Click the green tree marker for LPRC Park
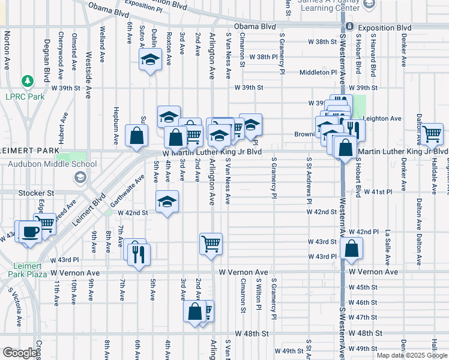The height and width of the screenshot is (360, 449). [27, 80]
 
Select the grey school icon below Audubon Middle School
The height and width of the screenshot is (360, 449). [79, 176]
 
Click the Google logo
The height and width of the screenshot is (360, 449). [20, 353]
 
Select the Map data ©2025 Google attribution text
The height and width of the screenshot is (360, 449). [412, 355]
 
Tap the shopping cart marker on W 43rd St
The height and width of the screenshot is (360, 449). [211, 244]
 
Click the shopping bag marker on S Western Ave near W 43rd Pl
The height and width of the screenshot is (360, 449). [351, 248]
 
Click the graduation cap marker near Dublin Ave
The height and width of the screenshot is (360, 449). [149, 60]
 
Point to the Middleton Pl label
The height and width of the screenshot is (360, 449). [318, 72]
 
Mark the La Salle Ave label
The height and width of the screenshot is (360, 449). [388, 245]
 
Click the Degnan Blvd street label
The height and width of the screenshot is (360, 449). [46, 60]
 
